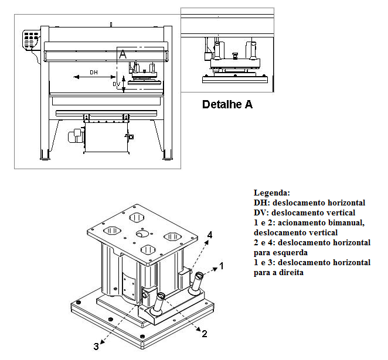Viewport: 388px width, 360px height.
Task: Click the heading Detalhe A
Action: pos(227,105)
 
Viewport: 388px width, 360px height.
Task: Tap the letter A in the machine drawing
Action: pos(122,54)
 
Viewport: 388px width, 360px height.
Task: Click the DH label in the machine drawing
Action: pos(93,72)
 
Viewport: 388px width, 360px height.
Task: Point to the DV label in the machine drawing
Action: pos(116,84)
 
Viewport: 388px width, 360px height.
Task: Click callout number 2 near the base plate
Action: pos(204,334)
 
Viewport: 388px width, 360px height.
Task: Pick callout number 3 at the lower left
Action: pos(96,346)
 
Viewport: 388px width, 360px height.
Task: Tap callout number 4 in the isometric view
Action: pos(209,235)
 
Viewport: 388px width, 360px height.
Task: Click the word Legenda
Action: pos(271,193)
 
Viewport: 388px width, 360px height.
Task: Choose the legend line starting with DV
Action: pos(304,212)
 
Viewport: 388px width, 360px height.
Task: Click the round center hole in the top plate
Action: pos(143,234)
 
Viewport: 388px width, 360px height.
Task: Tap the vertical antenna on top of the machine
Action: pos(111,23)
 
